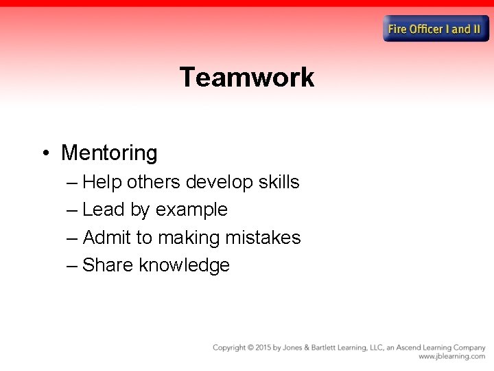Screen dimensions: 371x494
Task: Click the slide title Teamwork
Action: [x=246, y=77]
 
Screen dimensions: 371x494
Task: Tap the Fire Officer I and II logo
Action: [x=436, y=29]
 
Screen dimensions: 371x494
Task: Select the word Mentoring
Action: [x=109, y=153]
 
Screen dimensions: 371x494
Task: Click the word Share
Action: [x=108, y=265]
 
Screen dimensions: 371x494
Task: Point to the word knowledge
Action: [x=184, y=266]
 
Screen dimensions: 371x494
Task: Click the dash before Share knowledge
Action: [x=73, y=266]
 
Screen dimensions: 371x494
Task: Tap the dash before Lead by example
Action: [x=73, y=210]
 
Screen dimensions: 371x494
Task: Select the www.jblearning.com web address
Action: [x=451, y=357]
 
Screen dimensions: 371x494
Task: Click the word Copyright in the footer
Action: [x=231, y=348]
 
